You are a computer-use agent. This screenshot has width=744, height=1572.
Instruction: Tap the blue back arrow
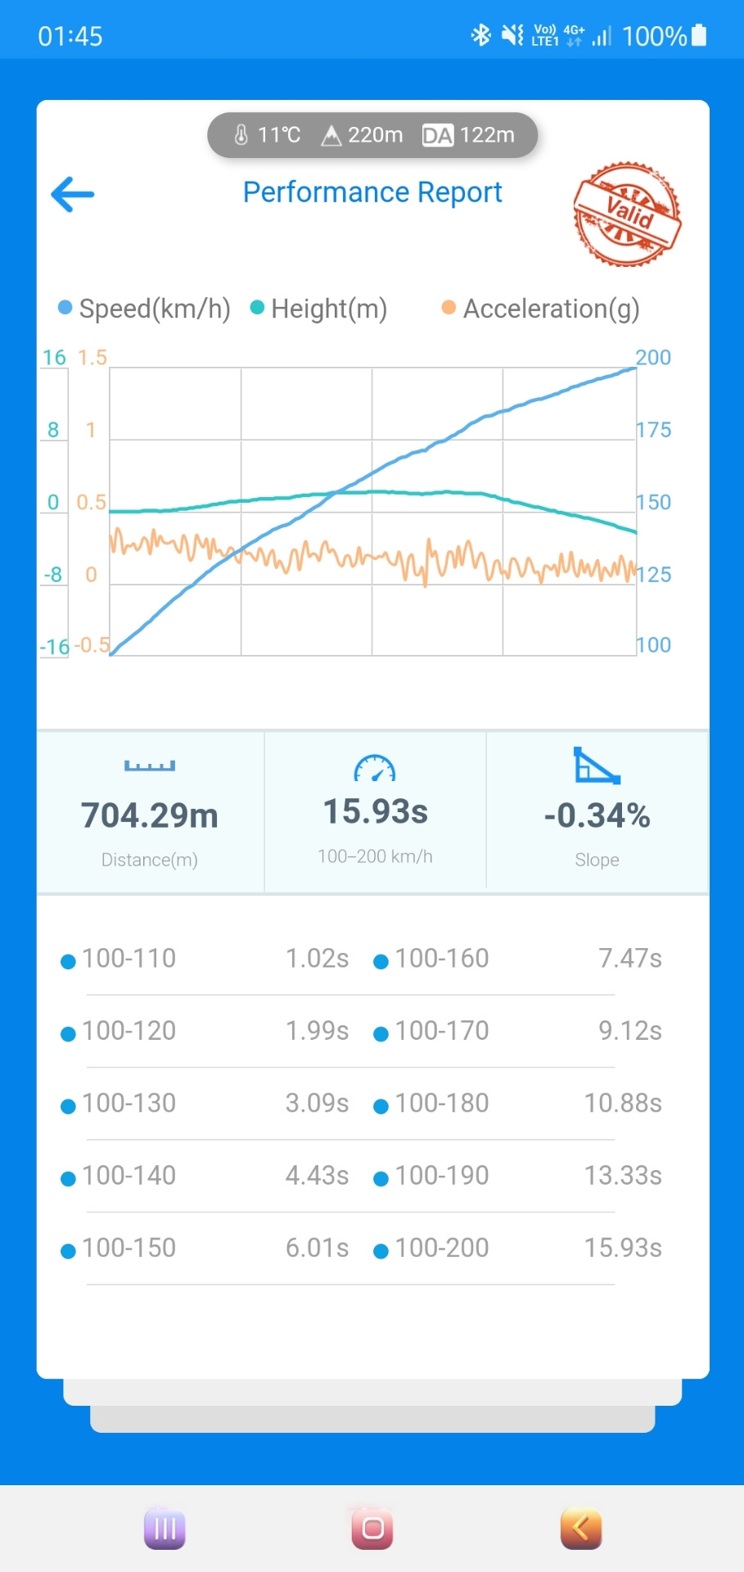[73, 195]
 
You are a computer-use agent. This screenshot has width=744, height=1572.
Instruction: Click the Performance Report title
[372, 192]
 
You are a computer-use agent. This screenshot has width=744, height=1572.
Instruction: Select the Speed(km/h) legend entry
[145, 309]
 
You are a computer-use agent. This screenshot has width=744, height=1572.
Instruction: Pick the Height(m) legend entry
[319, 309]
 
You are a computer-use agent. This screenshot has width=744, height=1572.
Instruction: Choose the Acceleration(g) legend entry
[541, 309]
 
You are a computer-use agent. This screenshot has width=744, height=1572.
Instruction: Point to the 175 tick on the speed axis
[653, 430]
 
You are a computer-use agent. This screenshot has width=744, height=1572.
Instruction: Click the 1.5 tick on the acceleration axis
[92, 358]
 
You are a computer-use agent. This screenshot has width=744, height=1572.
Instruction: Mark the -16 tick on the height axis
[55, 647]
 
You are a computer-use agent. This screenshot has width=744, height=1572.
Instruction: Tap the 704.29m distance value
[150, 815]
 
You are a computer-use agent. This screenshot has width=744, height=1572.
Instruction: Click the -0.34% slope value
[597, 815]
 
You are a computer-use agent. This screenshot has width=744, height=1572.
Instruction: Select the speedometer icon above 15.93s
[375, 768]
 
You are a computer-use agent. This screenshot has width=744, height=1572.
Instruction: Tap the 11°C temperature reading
[268, 135]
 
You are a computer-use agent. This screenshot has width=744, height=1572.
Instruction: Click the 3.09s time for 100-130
[317, 1103]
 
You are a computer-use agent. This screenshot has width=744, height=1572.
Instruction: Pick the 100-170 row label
[441, 1031]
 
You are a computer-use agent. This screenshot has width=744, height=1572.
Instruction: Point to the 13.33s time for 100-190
[623, 1176]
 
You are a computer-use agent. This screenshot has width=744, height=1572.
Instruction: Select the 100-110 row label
[129, 958]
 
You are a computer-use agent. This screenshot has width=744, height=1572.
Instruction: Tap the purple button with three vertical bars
[165, 1529]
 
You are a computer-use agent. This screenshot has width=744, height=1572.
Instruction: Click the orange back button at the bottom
[581, 1529]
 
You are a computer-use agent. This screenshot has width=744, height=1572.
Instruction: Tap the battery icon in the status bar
[698, 35]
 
